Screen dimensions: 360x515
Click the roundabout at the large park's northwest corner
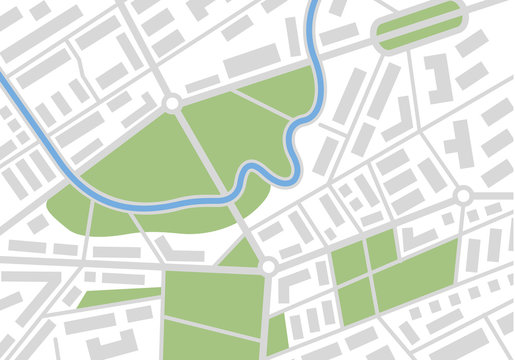click(x=171, y=102)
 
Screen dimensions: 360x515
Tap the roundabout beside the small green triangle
click(x=268, y=266)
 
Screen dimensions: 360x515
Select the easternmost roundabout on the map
click(x=463, y=194)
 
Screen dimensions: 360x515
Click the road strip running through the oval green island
click(x=418, y=27)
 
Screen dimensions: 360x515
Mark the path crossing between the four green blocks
click(x=369, y=271)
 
